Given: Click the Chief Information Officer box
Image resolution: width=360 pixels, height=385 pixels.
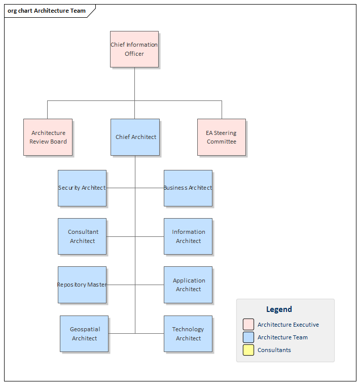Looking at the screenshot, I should pos(134,49).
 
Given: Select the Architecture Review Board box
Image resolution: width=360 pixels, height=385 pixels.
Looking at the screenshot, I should pos(48,137).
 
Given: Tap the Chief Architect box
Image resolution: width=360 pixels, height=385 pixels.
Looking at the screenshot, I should pos(135,137).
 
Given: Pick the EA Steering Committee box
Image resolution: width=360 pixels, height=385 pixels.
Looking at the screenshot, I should pos(222,137).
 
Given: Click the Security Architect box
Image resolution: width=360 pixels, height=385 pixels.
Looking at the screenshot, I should pos(82,188).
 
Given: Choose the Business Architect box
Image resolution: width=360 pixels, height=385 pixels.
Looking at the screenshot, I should pos(188,188).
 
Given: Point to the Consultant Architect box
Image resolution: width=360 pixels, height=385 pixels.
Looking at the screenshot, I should pos(82,236).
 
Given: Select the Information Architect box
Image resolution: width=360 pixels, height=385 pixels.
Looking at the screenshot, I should pos(188,236).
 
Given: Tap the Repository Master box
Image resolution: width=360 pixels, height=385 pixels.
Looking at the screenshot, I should pos(82,285).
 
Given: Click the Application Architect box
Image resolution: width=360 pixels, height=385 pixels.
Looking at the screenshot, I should pos(188,285).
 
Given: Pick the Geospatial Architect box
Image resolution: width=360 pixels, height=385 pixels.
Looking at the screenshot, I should pos(84,333).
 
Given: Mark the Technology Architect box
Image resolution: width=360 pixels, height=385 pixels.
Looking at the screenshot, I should pos(188,333).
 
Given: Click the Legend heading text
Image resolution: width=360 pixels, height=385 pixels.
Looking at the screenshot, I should pos(279,309).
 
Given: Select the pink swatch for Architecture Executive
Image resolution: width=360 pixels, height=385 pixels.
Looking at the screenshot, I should pos(248,325).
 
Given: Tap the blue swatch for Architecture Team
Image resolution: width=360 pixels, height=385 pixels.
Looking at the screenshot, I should pos(248,337).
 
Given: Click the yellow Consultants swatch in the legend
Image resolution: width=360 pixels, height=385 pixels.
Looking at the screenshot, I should pos(248,350).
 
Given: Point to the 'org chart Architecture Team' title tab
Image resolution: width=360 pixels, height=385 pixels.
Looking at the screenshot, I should pos(47,11).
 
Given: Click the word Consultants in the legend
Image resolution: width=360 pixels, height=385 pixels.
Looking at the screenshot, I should pos(274,350).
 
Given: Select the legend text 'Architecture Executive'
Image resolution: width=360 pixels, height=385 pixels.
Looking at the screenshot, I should pos(288,325).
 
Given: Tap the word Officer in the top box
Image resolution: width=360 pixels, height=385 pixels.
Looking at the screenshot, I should pos(134,54).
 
